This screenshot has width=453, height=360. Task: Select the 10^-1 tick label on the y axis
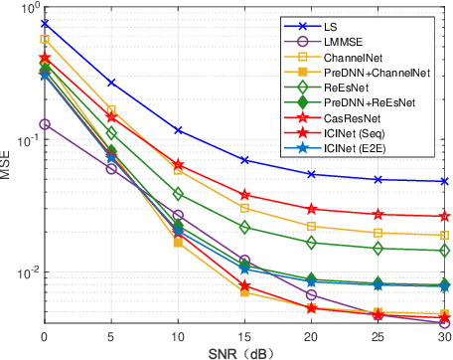(x=24, y=139)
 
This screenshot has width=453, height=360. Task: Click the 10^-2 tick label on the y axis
(x=24, y=272)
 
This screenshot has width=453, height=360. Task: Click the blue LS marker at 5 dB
(x=111, y=83)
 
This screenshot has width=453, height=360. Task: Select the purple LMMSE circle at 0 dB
(x=45, y=124)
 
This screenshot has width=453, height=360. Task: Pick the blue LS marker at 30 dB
(x=443, y=181)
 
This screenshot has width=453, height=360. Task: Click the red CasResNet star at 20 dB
(x=311, y=209)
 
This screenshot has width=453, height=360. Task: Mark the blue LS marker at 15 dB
(x=244, y=160)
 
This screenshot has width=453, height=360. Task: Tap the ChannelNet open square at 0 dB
(x=45, y=40)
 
